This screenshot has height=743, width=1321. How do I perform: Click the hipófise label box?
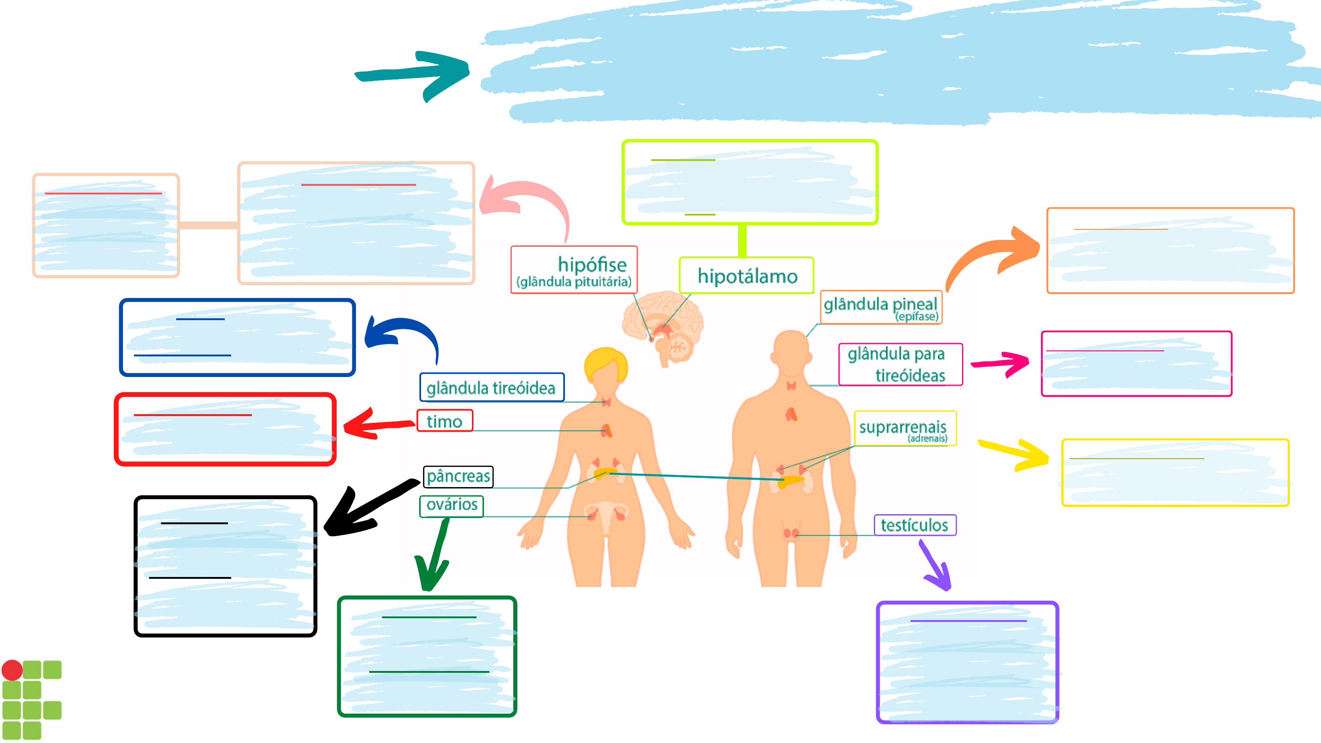tap(574, 270)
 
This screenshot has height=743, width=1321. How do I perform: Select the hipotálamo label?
tap(747, 275)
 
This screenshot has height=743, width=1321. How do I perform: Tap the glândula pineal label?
tap(881, 307)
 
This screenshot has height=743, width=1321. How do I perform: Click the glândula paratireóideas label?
tap(900, 364)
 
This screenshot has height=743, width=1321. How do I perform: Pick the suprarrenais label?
tap(905, 428)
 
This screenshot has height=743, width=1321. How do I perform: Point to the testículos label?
tap(915, 525)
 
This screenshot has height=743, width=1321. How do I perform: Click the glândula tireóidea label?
tap(492, 388)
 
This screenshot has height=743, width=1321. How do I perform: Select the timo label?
tap(444, 421)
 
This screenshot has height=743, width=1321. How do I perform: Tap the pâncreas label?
tap(458, 477)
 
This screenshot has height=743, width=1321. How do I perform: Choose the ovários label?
tap(451, 505)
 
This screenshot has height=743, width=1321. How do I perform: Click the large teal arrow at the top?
tap(412, 76)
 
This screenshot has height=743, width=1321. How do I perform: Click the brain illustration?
tap(662, 327)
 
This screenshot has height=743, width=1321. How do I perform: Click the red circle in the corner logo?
tap(12, 670)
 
